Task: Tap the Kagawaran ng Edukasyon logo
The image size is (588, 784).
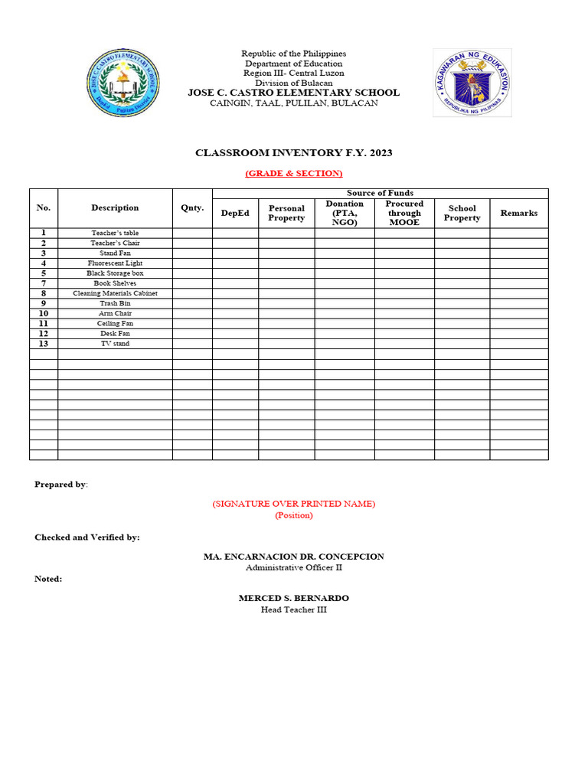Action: [472, 83]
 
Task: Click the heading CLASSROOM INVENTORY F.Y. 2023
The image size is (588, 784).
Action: [294, 153]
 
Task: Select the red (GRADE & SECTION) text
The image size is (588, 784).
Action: [294, 174]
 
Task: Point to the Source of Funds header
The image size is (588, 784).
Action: [380, 193]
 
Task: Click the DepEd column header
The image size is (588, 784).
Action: [235, 213]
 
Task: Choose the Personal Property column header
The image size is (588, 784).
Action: [286, 213]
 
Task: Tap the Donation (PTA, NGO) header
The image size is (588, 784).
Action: [345, 213]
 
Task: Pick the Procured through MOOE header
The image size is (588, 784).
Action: [404, 213]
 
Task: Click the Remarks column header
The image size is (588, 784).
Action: [519, 213]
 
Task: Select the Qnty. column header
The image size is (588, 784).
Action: [192, 207]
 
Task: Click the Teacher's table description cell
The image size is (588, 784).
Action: [115, 233]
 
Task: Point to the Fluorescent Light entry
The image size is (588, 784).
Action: [115, 263]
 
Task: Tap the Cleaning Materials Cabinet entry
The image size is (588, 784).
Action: [115, 293]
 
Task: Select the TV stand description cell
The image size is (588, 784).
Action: [115, 344]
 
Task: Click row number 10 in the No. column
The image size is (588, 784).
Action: [44, 314]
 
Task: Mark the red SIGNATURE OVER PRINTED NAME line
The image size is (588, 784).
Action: [294, 503]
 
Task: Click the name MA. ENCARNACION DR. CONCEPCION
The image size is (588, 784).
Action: [294, 557]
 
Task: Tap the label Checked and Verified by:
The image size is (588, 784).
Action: [87, 537]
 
